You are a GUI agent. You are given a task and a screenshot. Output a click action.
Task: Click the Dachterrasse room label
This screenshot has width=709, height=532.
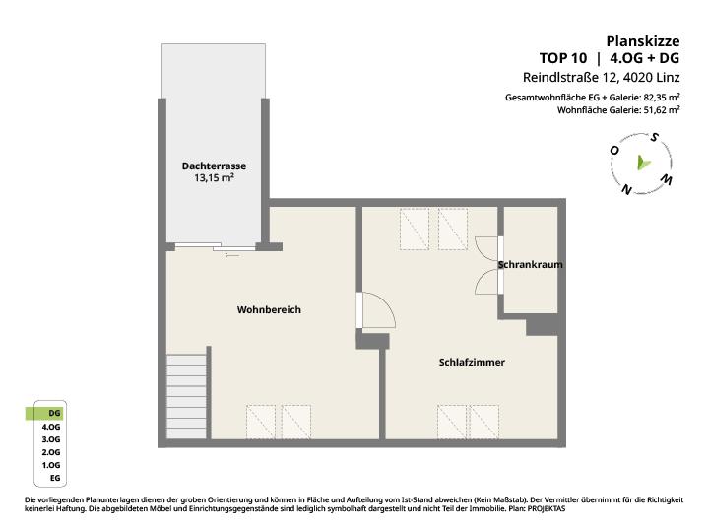pos(214,166)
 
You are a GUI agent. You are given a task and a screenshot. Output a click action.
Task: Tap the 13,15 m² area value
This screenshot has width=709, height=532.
pos(214,177)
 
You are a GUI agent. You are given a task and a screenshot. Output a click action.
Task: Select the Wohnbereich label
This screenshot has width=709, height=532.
pos(269,310)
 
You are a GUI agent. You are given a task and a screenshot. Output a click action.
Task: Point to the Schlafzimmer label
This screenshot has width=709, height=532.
pos(472,362)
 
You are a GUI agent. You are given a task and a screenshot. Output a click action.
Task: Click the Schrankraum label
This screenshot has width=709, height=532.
pos(531,264)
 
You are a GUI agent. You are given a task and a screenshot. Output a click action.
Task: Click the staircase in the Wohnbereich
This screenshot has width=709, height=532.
pos(187,396)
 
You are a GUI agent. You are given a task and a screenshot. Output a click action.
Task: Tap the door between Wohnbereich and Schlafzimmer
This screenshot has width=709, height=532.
pos(376,310)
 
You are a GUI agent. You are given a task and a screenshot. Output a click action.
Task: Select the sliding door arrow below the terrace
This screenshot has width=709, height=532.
pos(232,255)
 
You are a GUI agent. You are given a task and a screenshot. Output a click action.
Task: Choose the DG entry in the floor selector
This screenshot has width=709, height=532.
pos(54,413)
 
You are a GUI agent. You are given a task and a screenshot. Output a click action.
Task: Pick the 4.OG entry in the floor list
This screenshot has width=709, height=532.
pos(51,427)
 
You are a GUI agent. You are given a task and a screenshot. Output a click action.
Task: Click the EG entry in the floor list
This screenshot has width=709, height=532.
pos(55,478)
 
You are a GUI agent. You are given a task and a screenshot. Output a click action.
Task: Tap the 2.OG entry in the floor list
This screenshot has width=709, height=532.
pos(51,452)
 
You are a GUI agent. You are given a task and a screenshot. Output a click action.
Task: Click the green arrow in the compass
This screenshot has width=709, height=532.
pos(643,163)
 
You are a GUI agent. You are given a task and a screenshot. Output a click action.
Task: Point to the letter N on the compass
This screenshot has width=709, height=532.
pos(626,189)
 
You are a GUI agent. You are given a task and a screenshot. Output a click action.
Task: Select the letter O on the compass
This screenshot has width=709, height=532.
pos(614,150)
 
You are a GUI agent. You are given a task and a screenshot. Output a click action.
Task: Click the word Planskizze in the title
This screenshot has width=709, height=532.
pos(642,41)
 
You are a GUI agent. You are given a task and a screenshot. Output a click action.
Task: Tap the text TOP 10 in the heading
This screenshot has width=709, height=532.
pos(563,58)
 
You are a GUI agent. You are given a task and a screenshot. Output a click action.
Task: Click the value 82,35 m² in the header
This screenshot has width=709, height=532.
pos(662,98)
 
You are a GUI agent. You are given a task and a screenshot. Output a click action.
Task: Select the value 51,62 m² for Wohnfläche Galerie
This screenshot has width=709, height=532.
pos(662,110)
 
